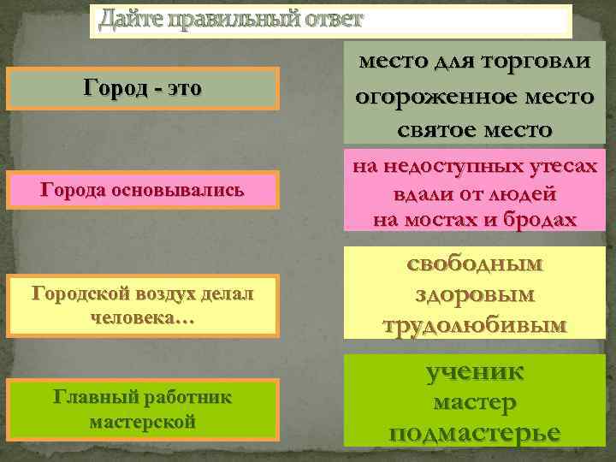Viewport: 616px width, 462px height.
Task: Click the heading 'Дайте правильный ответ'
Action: tap(231, 19)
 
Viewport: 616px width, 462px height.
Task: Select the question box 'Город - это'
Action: tap(143, 89)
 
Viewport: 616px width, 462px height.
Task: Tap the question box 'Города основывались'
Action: tap(142, 190)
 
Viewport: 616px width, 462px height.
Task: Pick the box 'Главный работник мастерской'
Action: tap(142, 409)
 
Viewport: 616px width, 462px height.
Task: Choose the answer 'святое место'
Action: tap(474, 129)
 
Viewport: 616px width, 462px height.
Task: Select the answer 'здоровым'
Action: tap(474, 294)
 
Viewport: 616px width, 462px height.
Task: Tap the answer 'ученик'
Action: tap(474, 371)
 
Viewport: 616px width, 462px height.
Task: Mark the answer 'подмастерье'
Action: tap(474, 431)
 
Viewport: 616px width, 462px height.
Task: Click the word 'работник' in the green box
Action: tap(183, 398)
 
